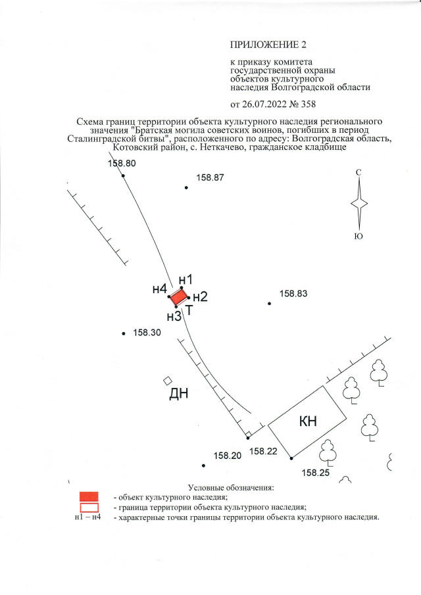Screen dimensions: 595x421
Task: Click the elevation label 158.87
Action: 210,178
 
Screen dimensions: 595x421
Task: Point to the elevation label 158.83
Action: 293,294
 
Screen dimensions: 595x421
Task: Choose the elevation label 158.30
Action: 147,333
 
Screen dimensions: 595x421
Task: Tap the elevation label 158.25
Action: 315,471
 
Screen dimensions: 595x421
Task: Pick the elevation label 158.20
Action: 228,456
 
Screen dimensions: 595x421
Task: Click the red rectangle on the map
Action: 179,297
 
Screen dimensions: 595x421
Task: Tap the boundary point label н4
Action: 159,288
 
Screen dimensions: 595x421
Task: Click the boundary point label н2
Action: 200,297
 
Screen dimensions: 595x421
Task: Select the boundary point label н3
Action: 174,316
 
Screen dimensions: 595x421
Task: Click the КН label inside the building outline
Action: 308,421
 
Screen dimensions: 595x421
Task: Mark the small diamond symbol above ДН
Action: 168,381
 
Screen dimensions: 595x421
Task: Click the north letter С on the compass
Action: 358,172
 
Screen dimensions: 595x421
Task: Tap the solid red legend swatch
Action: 89,496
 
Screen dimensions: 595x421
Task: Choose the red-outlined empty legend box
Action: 89,507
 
